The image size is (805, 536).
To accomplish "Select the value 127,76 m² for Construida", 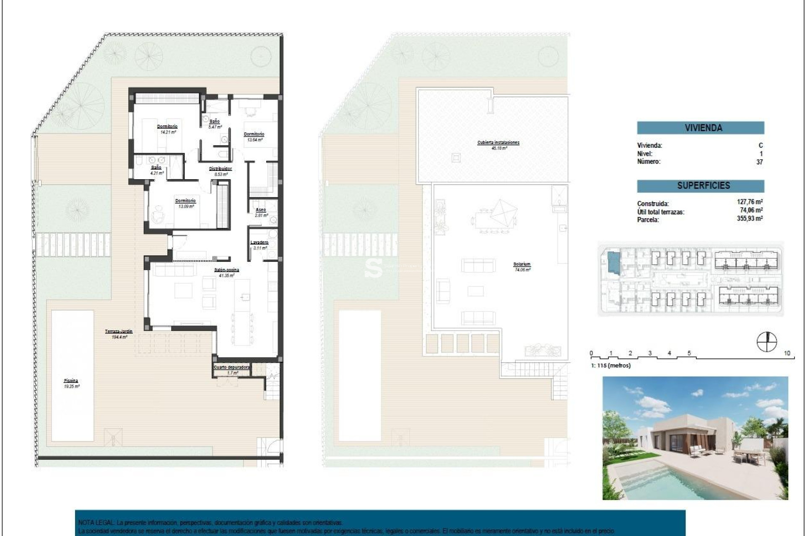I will point(750,202).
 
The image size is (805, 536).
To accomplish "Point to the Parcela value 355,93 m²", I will point(750,219).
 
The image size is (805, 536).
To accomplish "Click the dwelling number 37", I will point(759,162).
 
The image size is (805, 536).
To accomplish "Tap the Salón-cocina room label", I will point(226,270).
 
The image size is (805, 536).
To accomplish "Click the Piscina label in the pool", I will point(71,381).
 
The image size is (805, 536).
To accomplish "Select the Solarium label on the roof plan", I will point(522,264).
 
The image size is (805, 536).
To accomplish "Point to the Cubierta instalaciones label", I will point(498,143).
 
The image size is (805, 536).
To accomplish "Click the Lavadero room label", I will point(259,242).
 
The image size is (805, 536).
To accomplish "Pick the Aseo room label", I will point(260,210).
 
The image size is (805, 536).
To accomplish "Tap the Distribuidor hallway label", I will point(221,169).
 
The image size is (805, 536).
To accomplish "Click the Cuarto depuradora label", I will point(232,367).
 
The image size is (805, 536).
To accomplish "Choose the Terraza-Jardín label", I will point(119,331).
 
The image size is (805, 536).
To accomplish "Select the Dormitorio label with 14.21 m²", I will point(167,126).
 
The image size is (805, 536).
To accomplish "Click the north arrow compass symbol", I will point(766,342).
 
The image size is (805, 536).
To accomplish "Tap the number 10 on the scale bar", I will point(787,353).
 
